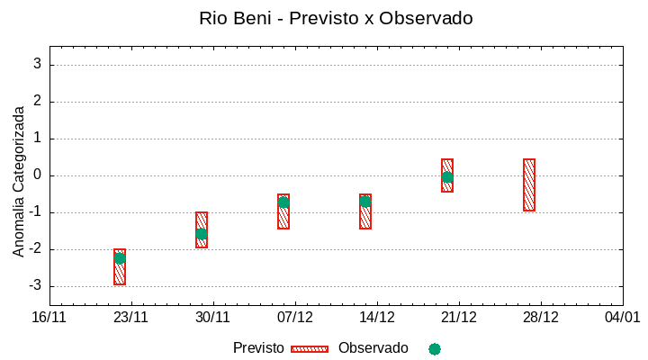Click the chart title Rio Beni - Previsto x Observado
click(336, 18)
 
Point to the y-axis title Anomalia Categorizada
click(19, 181)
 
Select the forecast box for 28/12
click(529, 184)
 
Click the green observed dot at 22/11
click(120, 258)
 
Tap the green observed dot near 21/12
click(447, 177)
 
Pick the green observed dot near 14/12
click(365, 202)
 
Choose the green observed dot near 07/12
click(283, 202)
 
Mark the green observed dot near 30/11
click(202, 234)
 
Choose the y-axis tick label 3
click(38, 64)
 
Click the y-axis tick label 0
click(38, 175)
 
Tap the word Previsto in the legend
click(258, 348)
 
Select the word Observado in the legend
click(373, 348)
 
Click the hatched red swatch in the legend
click(309, 348)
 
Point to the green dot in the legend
click(435, 348)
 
